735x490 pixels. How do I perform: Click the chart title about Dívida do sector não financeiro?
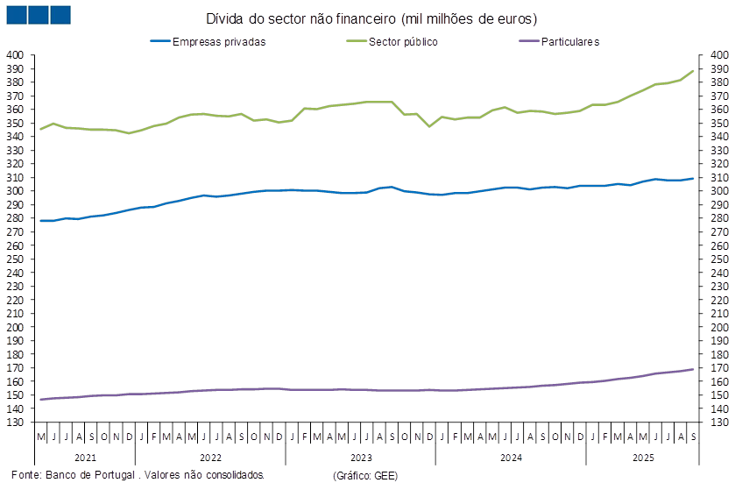[372, 18]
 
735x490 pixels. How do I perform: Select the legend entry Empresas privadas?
[220, 41]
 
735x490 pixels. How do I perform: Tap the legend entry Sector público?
[404, 41]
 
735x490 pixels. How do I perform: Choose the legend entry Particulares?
[570, 41]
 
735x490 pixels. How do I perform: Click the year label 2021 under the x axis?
[85, 457]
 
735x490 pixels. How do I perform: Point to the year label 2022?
[210, 457]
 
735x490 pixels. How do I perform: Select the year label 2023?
[360, 457]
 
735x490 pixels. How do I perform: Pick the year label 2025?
[643, 457]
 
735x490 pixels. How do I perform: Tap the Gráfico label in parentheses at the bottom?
[365, 474]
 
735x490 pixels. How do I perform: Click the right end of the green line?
[694, 71]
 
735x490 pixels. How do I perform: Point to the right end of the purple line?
[694, 369]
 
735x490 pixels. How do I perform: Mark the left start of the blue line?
[41, 221]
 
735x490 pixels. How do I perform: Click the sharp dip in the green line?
[429, 126]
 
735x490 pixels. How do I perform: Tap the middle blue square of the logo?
[38, 15]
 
